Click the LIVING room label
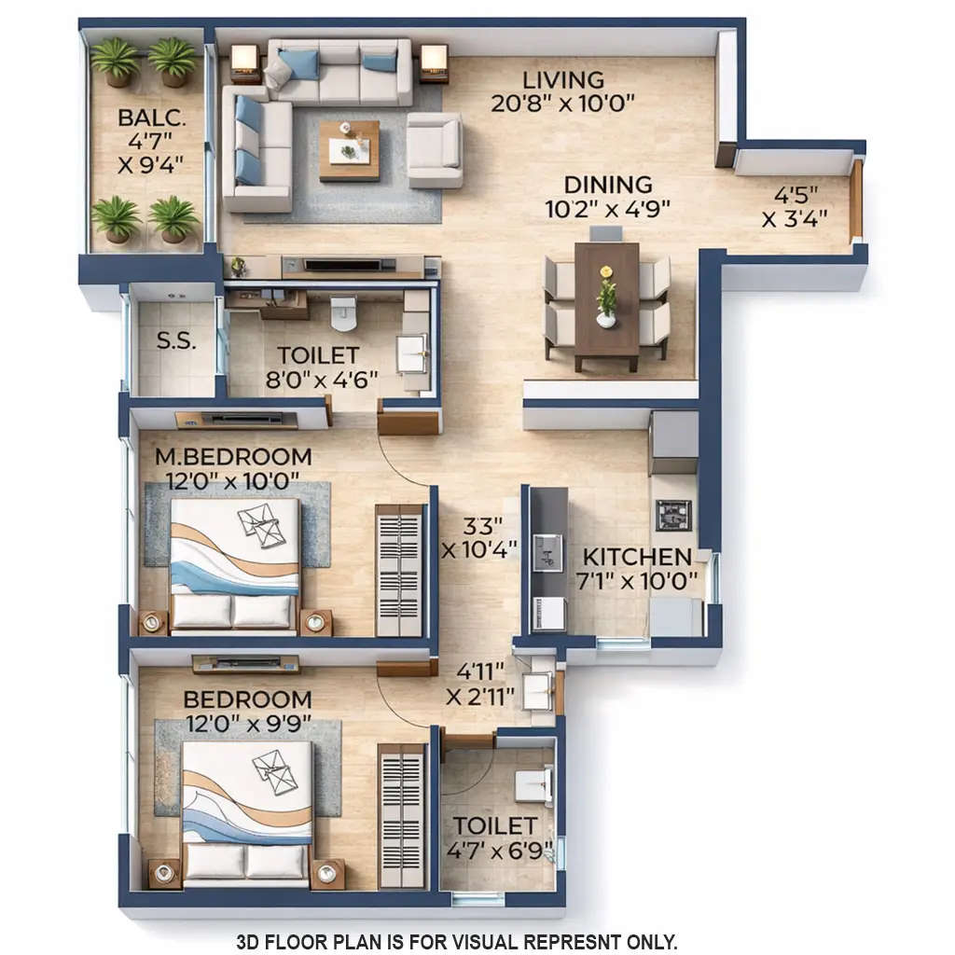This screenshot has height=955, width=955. [562, 79]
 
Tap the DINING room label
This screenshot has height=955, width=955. [606, 184]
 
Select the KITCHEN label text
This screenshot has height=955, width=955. [637, 557]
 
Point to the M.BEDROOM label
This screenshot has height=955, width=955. [233, 457]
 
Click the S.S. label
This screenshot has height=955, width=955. [175, 341]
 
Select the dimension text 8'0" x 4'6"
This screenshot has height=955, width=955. [318, 380]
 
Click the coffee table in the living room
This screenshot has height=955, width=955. [350, 149]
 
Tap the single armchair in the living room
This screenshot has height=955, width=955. [435, 150]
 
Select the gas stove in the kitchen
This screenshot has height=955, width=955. [672, 514]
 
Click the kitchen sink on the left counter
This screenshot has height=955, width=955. [547, 552]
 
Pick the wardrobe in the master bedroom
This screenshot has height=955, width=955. [399, 571]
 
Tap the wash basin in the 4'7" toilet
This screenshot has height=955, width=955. [534, 785]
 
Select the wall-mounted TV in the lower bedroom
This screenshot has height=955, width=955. [246, 664]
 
